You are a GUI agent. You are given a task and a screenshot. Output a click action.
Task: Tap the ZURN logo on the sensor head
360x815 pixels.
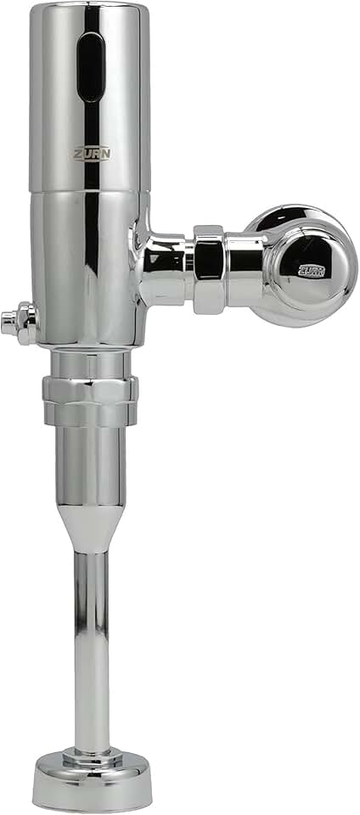coord(90,154)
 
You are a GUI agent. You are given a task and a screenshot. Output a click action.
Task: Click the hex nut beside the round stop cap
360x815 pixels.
coord(209,268)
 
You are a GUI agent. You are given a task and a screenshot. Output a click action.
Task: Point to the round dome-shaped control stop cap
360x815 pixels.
coord(306,264)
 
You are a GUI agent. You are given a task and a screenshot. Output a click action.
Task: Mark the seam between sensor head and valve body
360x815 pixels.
coord(85,190)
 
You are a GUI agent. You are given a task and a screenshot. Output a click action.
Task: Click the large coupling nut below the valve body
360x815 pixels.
coord(90,401)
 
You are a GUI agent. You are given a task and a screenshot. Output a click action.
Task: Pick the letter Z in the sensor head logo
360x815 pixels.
coord(76,154)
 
